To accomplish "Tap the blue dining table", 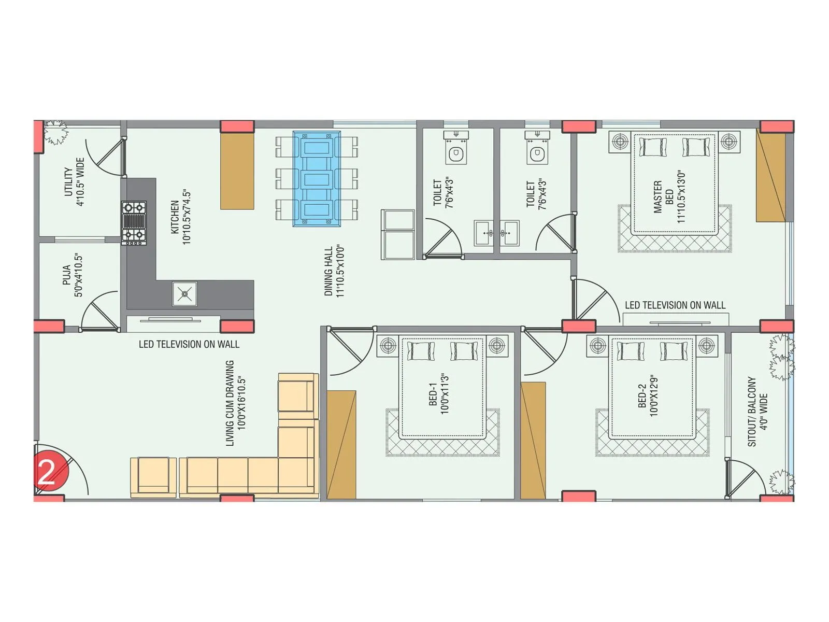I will pos(317,178).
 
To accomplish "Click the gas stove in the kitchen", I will pos(134,222).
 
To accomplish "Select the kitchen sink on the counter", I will pos(184,294).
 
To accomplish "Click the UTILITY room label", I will pos(74,181).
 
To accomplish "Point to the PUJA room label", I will pos(72,275).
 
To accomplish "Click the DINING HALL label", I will pos(334,271).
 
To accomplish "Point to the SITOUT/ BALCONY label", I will pos(757,412).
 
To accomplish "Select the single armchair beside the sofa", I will pos(153,476).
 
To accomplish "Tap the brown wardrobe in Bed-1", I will pos(341,445).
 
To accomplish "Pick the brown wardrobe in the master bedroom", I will pos(770,176).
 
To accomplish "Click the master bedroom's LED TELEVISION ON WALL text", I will pos(675,305).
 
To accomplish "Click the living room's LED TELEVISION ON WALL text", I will pos(189,344).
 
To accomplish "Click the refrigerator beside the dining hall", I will pos(397,234).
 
